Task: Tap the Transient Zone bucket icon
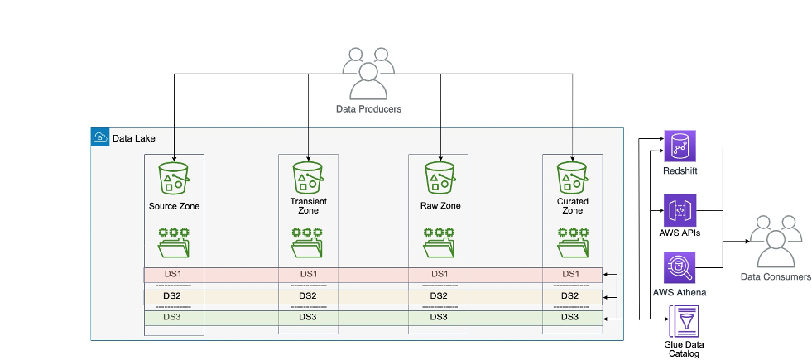coord(308,176)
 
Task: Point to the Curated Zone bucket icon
coord(573,176)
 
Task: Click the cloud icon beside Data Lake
coord(99,137)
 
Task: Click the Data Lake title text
coord(133,138)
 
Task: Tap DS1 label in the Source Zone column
coord(172,274)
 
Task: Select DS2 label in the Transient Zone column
coord(307,295)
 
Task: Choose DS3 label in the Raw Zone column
coord(439,317)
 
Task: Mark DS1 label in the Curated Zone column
coord(570,274)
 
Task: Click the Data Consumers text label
coord(775,277)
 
